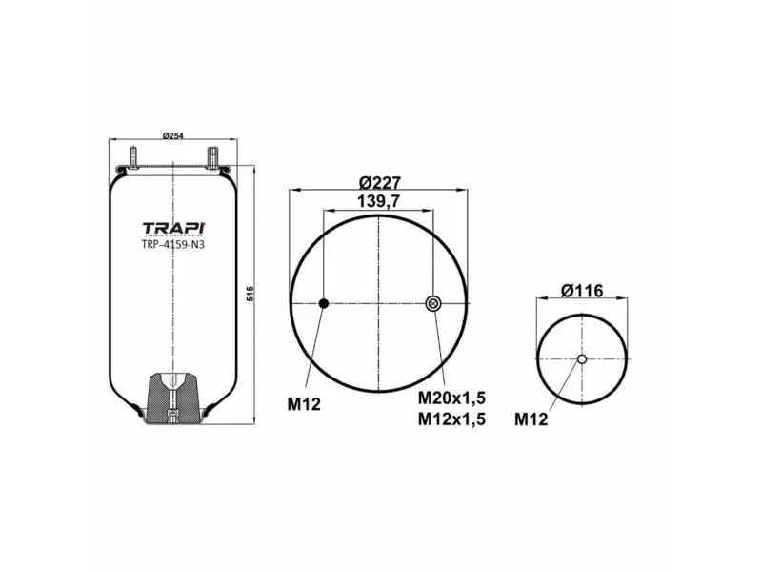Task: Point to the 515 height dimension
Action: pos(251,294)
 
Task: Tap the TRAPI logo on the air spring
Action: pos(172,227)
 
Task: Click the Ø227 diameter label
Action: pos(379,182)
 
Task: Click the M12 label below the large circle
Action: pos(305,403)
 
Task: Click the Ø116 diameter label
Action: pos(582,290)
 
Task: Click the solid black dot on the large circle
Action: pos(323,303)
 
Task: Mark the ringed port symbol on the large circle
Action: pos(433,303)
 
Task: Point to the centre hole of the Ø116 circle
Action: pos(581,359)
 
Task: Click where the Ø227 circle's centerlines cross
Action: pos(379,303)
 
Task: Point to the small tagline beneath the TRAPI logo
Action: pos(172,237)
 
